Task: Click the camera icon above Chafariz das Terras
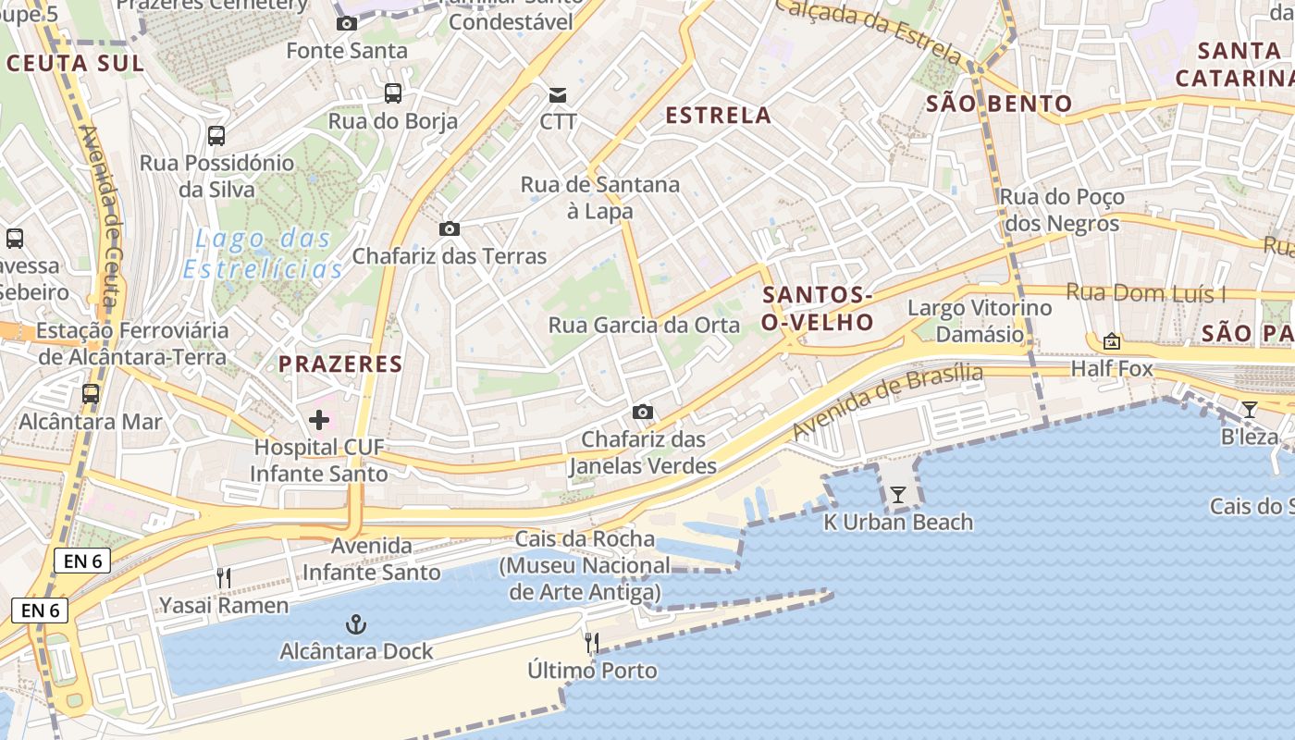(x=450, y=228)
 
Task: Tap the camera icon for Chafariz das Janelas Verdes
(x=643, y=412)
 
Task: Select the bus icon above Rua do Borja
(x=393, y=92)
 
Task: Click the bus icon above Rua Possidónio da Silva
(x=216, y=136)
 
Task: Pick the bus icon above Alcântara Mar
(x=91, y=393)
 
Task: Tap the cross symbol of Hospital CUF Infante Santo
(x=319, y=421)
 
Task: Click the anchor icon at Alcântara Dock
(x=356, y=625)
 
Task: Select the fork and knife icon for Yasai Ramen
(x=223, y=578)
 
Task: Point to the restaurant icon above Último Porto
(x=592, y=642)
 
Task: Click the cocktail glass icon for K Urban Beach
(x=897, y=495)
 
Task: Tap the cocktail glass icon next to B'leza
(x=1250, y=409)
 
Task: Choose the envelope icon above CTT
(x=558, y=94)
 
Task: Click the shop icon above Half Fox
(x=1112, y=341)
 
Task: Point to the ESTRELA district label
(x=719, y=115)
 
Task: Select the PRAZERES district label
(x=340, y=364)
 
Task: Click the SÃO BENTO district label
(x=999, y=104)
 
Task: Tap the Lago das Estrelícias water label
(x=264, y=254)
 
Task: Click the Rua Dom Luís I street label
(x=1146, y=293)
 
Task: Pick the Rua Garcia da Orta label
(x=645, y=325)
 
